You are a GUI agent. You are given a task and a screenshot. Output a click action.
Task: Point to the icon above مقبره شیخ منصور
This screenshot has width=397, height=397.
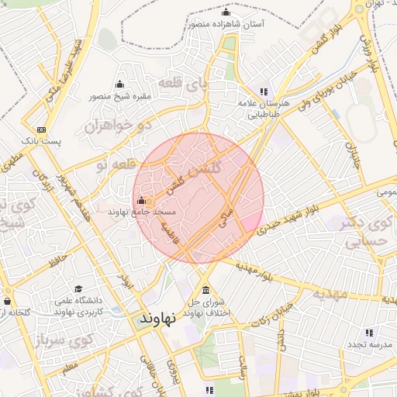pyautogui.click(x=119, y=85)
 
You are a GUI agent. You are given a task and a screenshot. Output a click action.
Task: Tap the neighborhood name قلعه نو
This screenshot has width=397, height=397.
pyautogui.click(x=116, y=164)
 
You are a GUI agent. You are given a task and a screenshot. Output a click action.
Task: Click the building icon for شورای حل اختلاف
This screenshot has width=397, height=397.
pyautogui.click(x=205, y=292)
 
